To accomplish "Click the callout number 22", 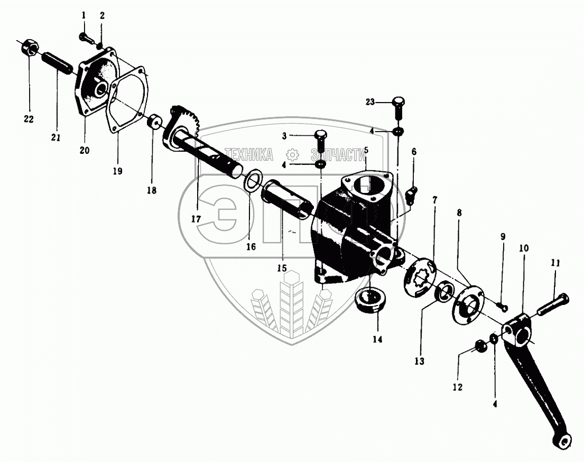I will (x=29, y=119).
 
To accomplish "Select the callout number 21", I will (x=55, y=138).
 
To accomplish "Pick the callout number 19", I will (x=117, y=171).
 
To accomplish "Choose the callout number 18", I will (x=152, y=191).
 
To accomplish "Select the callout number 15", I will (x=283, y=269).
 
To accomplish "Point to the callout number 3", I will (x=284, y=136).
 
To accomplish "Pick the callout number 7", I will (x=434, y=200).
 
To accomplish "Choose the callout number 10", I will (x=523, y=248).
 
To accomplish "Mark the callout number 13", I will (x=419, y=362).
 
